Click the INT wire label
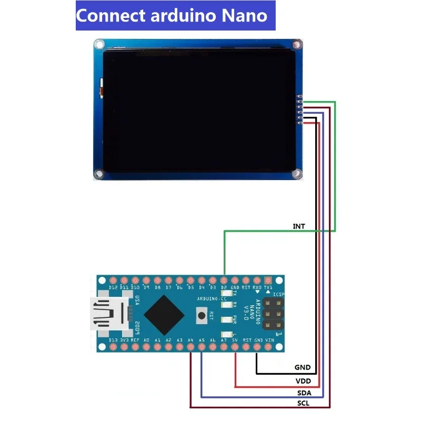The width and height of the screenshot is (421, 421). tap(299, 226)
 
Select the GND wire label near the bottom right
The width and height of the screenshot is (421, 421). tap(303, 367)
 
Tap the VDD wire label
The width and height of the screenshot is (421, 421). tap(303, 380)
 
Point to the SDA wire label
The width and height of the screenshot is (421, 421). tap(303, 393)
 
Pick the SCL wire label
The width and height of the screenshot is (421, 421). tap(303, 404)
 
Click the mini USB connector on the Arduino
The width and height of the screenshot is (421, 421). tap(108, 314)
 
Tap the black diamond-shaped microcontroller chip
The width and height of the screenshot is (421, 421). tap(164, 315)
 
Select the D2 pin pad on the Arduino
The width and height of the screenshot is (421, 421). tap(224, 280)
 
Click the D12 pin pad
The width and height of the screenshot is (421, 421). tap(113, 280)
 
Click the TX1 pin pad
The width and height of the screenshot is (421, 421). tap(268, 280)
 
